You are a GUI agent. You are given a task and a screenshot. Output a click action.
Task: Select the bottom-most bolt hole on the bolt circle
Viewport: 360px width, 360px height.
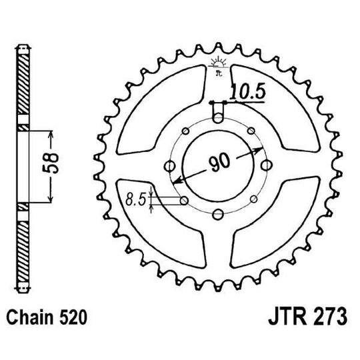[x=217, y=214]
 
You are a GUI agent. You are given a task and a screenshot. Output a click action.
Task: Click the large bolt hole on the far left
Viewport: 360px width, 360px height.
[x=168, y=165]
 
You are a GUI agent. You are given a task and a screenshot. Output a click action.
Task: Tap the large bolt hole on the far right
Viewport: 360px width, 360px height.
[x=267, y=165]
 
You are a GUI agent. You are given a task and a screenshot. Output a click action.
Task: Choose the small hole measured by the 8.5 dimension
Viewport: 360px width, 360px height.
[x=183, y=200]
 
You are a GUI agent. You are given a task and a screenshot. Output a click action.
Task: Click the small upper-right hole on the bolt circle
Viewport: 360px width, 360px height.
[x=252, y=129]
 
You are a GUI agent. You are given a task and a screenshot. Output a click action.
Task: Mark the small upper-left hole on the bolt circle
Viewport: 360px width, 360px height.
[x=183, y=129]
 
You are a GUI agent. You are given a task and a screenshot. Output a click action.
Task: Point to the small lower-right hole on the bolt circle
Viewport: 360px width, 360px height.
[x=252, y=199]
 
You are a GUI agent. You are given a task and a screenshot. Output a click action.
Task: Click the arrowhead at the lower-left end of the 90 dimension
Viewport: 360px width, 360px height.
[x=176, y=181]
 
